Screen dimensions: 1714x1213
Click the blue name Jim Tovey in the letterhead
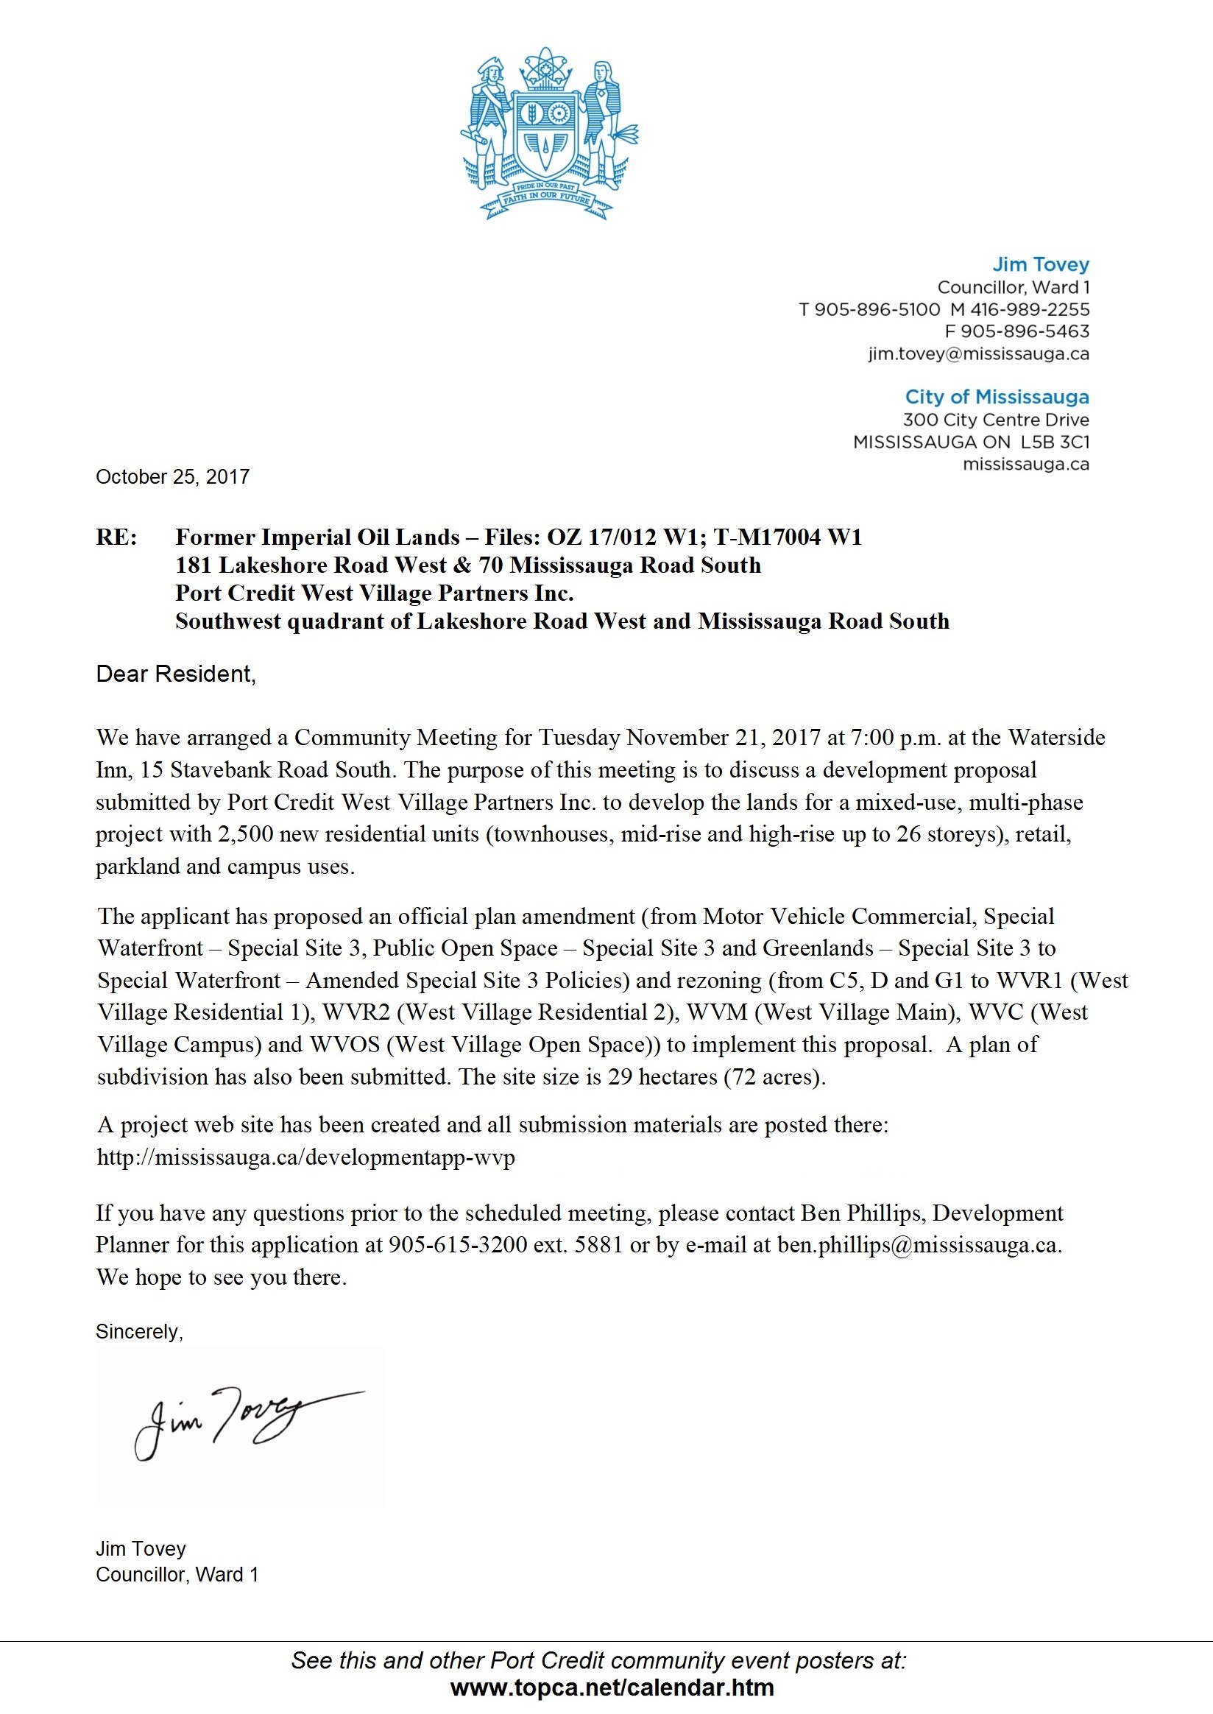click(1041, 264)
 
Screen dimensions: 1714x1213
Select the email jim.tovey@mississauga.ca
click(978, 354)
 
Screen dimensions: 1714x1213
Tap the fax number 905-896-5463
click(1025, 332)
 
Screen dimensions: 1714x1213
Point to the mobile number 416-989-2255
click(1029, 309)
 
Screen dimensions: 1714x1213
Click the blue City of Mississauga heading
click(997, 397)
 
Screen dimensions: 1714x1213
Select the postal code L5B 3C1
click(1055, 442)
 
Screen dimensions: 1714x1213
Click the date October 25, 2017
click(172, 476)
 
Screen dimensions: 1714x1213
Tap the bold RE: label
click(116, 537)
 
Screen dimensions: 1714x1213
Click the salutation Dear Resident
click(175, 674)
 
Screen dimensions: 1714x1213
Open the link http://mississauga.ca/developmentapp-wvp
click(306, 1157)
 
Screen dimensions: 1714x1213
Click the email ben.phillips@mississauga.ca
click(918, 1245)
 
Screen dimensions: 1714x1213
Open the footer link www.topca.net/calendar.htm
click(612, 1687)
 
